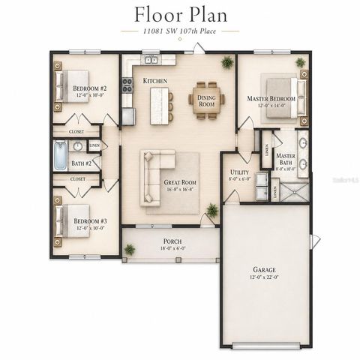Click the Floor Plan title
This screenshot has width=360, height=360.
pos(180,14)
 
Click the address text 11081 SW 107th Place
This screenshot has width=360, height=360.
pos(180,31)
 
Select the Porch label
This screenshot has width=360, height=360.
pos(172,242)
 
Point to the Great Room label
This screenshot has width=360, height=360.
pos(181,182)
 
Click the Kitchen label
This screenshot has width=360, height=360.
pos(155,81)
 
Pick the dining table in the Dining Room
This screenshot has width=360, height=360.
pos(205,102)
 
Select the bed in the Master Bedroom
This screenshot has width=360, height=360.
pos(283,94)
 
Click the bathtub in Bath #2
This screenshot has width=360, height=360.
pos(61,156)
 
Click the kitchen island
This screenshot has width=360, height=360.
pos(159,105)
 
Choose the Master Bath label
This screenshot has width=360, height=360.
pos(286,160)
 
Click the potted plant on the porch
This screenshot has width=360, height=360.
pos(130,249)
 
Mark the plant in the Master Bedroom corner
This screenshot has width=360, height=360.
pos(300,62)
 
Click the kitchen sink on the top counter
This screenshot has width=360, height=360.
pos(151,59)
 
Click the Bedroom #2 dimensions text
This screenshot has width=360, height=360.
pos(89,95)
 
